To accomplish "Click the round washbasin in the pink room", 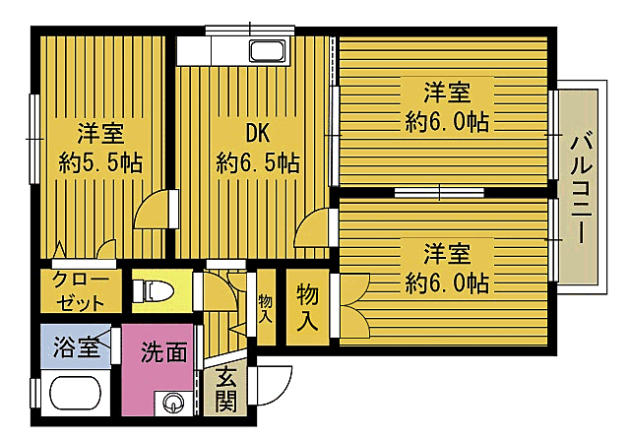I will (173, 403).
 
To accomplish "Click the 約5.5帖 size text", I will (100, 161).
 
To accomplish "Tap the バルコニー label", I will (580, 188).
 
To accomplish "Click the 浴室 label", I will (76, 346).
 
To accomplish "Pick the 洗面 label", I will (162, 351).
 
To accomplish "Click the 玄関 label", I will (226, 389).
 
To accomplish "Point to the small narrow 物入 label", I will (265, 308).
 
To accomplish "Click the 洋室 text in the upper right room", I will (446, 94).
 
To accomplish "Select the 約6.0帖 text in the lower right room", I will (446, 283).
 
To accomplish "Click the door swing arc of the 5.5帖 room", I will (155, 211).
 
